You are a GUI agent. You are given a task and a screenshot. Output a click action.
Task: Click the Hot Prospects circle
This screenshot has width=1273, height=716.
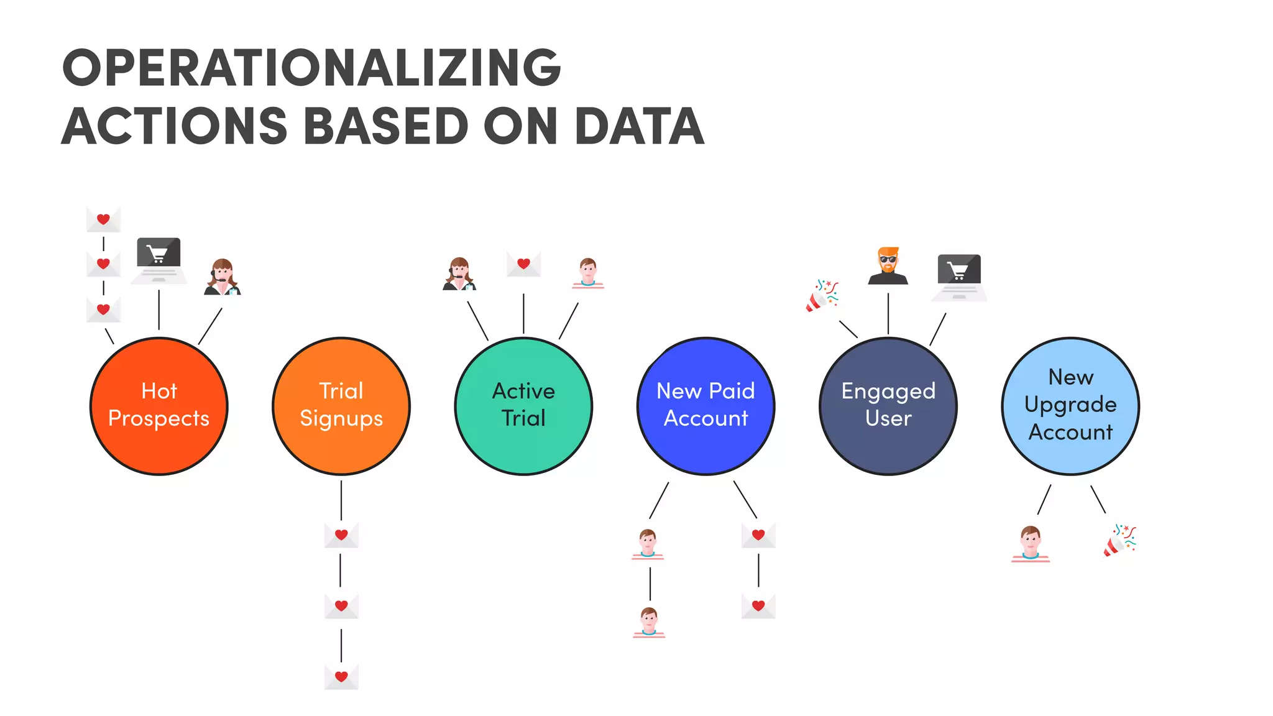click(159, 406)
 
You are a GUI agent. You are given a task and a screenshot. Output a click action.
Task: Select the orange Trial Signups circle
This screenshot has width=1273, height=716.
click(341, 406)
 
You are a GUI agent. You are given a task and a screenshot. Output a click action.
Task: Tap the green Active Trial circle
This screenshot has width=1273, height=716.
click(523, 406)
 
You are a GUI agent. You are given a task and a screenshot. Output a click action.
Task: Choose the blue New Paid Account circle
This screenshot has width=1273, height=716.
click(706, 406)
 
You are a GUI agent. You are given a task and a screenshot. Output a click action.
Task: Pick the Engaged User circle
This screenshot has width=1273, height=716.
click(888, 406)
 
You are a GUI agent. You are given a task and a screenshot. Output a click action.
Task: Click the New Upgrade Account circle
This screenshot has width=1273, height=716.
click(1070, 406)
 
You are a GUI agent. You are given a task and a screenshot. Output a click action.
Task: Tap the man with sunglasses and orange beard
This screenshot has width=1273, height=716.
click(888, 266)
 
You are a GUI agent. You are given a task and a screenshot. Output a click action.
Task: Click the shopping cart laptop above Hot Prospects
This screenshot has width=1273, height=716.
click(159, 260)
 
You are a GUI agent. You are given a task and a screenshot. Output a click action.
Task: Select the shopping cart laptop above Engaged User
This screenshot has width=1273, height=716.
click(959, 277)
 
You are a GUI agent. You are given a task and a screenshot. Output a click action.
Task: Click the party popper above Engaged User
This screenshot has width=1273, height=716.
click(822, 296)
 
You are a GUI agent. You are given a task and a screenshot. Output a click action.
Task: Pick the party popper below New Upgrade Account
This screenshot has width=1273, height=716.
click(1120, 540)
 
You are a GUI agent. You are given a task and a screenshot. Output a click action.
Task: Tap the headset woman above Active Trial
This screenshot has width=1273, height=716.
click(459, 274)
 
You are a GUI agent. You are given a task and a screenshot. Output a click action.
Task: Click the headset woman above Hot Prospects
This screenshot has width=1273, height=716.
click(223, 277)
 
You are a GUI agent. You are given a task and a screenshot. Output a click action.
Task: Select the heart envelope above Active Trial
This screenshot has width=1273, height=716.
click(523, 264)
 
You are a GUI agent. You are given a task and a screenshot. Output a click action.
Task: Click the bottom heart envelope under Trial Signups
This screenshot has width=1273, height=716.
click(341, 677)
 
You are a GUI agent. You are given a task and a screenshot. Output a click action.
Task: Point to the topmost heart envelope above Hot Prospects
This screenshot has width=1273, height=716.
click(103, 219)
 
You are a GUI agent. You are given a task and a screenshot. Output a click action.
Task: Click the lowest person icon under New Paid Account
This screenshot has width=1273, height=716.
click(649, 622)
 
